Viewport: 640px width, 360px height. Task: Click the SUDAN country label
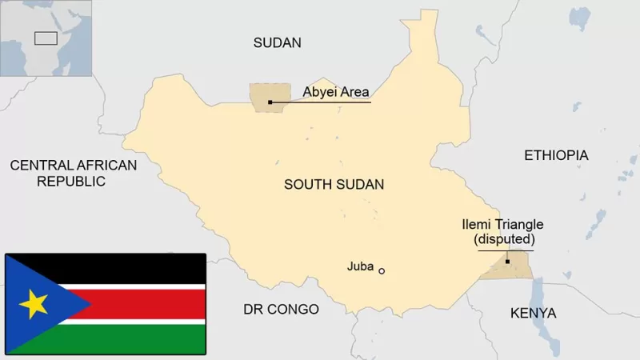(x=277, y=43)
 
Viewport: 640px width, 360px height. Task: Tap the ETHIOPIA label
(x=555, y=155)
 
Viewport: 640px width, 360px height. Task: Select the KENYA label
(x=533, y=313)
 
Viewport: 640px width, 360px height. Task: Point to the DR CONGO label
(x=281, y=310)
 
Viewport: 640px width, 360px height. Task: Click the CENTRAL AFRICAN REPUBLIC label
(x=73, y=173)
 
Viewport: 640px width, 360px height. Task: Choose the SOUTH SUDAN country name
(x=334, y=185)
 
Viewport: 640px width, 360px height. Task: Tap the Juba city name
(x=360, y=266)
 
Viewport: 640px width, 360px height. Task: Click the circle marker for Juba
(x=382, y=271)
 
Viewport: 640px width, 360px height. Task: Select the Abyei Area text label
(x=335, y=92)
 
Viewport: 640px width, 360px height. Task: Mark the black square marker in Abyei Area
(x=270, y=102)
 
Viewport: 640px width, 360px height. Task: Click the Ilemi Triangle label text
(x=503, y=225)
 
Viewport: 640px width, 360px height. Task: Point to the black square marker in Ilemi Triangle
(x=507, y=262)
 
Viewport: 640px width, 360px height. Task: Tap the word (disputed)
(x=504, y=239)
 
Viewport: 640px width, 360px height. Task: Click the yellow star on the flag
(x=34, y=304)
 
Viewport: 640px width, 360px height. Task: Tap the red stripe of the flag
(x=144, y=304)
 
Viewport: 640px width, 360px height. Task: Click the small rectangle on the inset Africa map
(x=46, y=38)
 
